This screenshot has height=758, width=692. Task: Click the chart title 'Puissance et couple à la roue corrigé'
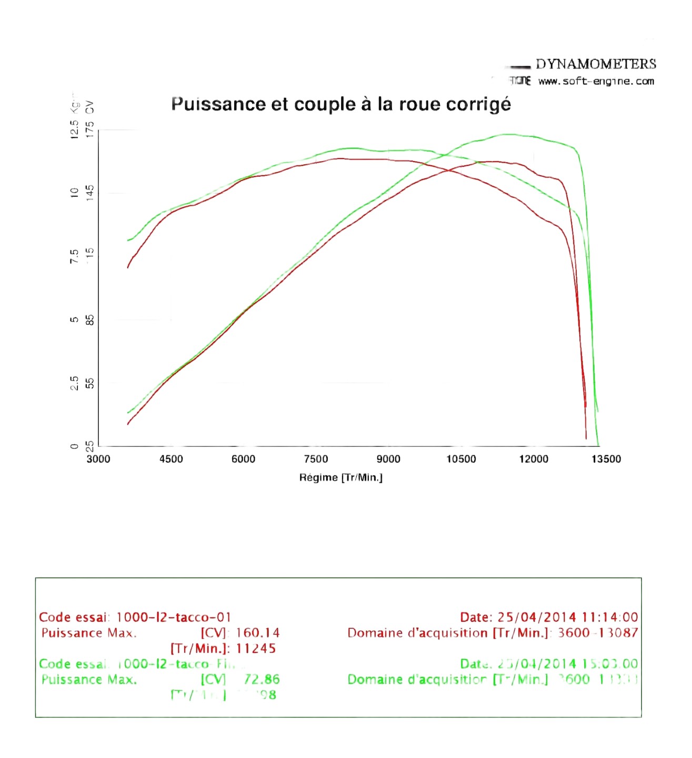[x=341, y=104]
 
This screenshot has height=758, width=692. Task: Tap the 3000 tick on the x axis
[x=98, y=459]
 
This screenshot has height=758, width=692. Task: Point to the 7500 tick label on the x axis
[x=316, y=459]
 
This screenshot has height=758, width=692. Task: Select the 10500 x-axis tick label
[x=461, y=459]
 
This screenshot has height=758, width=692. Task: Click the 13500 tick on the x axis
[x=606, y=459]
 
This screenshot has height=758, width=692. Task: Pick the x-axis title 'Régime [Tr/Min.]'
[x=341, y=477]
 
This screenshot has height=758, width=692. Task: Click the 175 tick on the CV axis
[x=90, y=129]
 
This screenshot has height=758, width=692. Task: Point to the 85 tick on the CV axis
[x=90, y=320]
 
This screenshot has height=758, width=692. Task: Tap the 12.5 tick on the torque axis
[x=75, y=129]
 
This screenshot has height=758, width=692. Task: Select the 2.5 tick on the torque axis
[x=75, y=383]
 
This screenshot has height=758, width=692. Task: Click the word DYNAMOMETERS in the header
[x=596, y=64]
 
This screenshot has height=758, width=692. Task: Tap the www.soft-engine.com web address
[x=596, y=81]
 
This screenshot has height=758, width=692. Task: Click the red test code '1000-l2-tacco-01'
[x=174, y=617]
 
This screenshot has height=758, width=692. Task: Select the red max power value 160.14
[x=258, y=633]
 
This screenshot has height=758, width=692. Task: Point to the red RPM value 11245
[x=256, y=649]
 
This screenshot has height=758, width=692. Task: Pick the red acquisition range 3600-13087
[x=598, y=633]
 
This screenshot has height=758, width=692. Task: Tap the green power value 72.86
[x=262, y=680]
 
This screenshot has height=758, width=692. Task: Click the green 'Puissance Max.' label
[x=89, y=680]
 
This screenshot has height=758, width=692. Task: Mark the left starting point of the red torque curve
[x=128, y=267]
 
